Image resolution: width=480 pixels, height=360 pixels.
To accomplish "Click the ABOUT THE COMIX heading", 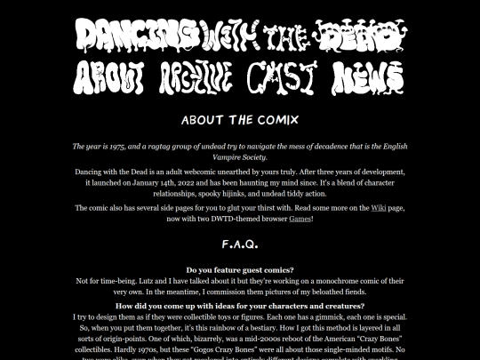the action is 239,119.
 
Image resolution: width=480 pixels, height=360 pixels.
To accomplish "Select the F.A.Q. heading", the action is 239,242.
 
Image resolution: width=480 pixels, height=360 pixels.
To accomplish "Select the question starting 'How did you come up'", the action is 239,306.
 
